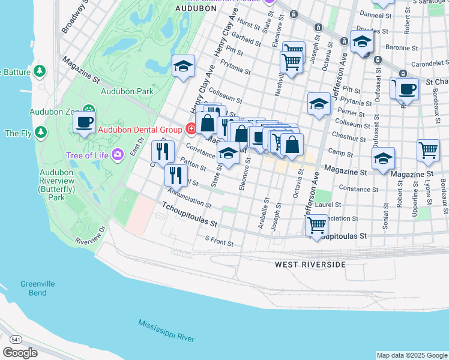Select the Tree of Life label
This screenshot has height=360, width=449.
pyautogui.click(x=88, y=155)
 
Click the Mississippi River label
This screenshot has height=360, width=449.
pyautogui.click(x=166, y=331)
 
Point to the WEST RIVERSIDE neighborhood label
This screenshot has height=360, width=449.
pyautogui.click(x=310, y=264)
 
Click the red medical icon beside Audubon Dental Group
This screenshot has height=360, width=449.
pyautogui.click(x=191, y=128)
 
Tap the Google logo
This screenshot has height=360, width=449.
pyautogui.click(x=20, y=353)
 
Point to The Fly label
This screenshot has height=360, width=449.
pyautogui.click(x=17, y=133)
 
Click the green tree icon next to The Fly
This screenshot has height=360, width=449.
pyautogui.click(x=41, y=131)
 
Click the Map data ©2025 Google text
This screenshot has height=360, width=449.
pyautogui.click(x=412, y=355)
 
